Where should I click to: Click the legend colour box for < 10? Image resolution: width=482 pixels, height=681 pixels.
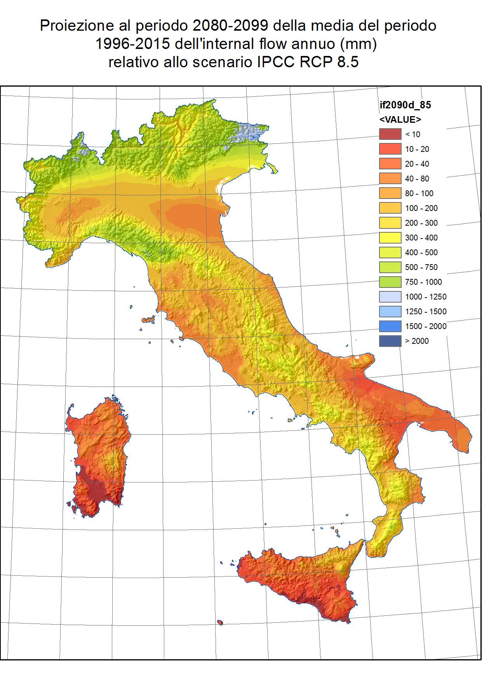[x=390, y=134]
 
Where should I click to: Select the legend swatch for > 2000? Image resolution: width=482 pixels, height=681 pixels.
[x=390, y=341]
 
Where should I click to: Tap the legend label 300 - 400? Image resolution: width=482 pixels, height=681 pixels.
[x=421, y=237]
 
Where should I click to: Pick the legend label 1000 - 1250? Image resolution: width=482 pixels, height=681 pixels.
[x=426, y=296]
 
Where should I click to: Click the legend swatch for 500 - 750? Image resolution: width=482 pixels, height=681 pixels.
[x=390, y=267]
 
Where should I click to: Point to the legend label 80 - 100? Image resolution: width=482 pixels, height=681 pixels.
[x=419, y=193]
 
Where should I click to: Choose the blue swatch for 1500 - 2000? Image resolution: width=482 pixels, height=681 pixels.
[x=390, y=326]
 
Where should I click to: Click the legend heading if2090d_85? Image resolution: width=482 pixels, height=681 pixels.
[x=405, y=105]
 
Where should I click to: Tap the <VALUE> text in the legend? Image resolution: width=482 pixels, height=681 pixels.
[x=400, y=119]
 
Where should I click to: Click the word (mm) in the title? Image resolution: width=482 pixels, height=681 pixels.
[x=358, y=44]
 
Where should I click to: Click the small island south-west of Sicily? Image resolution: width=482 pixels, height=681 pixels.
[x=220, y=622]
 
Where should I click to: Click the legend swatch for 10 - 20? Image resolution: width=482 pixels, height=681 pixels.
[x=390, y=149]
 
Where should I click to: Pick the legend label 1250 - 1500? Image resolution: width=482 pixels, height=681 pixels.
[x=426, y=311]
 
